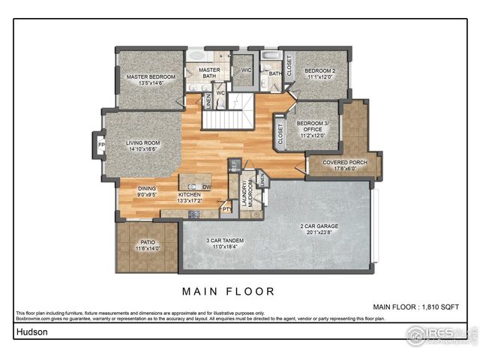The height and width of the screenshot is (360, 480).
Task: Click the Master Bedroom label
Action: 151,77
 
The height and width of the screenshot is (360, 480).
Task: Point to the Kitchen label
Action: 190,196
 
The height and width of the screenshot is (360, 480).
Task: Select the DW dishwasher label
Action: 206,187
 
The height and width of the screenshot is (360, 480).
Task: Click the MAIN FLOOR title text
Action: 229,291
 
